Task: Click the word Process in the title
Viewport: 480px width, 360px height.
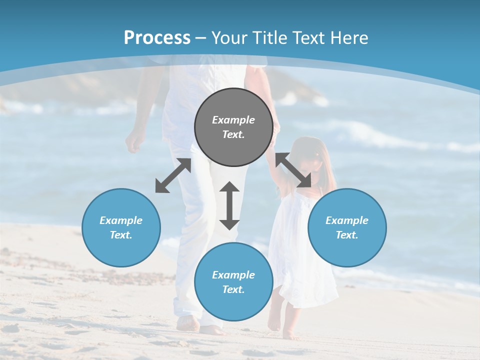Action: tap(157, 37)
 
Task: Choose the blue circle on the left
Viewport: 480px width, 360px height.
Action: tap(121, 227)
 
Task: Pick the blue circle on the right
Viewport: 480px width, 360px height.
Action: tap(346, 227)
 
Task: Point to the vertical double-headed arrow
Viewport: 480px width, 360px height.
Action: tap(229, 205)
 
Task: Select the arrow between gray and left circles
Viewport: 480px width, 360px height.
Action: tap(173, 175)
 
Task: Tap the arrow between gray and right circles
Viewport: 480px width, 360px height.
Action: tap(293, 170)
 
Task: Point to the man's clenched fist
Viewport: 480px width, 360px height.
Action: tap(134, 143)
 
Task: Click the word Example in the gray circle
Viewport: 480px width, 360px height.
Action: tap(233, 120)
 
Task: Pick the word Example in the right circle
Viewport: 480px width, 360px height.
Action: tap(346, 220)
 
